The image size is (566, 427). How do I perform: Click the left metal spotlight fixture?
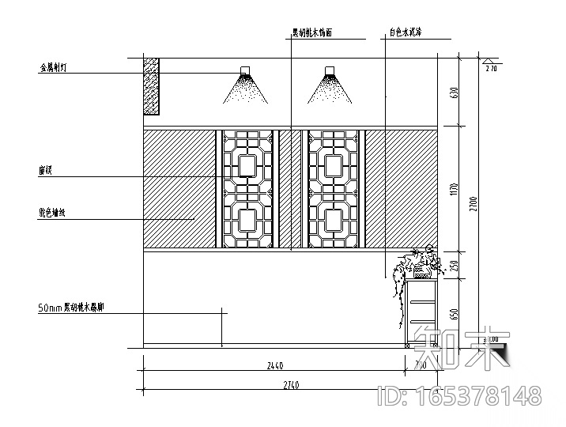pyautogui.click(x=244, y=73)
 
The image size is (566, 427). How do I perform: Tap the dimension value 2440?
pyautogui.click(x=276, y=366)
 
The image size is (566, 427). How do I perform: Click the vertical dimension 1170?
pyautogui.click(x=455, y=189)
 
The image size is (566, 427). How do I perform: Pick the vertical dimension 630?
pyautogui.click(x=455, y=93)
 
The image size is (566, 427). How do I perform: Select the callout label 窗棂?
pyautogui.click(x=44, y=170)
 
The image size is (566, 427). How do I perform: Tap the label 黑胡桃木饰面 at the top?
pyautogui.click(x=311, y=34)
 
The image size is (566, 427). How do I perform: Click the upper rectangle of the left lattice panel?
pyautogui.click(x=245, y=164)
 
